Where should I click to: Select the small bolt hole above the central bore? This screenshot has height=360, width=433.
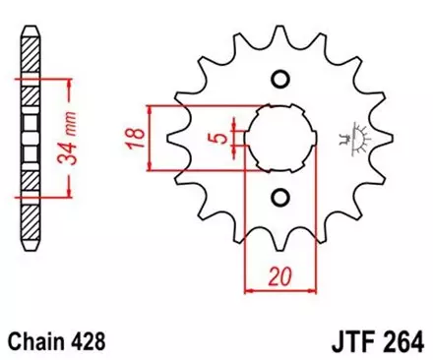pos(280,80)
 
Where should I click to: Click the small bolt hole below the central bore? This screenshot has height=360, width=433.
pos(280,195)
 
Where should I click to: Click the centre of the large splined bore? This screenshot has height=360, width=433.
pos(280,138)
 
